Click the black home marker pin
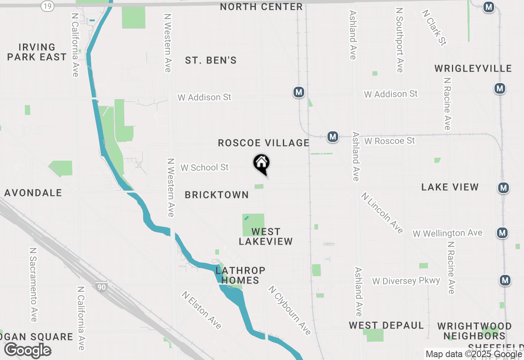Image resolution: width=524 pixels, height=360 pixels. pyautogui.click(x=262, y=164)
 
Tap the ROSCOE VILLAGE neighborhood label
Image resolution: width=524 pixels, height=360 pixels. pyautogui.click(x=264, y=143)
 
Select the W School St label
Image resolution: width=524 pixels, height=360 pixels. pyautogui.click(x=205, y=168)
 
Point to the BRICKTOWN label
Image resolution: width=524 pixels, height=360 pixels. pyautogui.click(x=217, y=195)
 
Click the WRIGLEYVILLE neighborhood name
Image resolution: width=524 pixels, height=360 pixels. pyautogui.click(x=473, y=68)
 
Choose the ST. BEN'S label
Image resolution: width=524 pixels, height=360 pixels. pyautogui.click(x=211, y=61)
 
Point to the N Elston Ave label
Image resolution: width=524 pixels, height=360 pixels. pyautogui.click(x=202, y=310)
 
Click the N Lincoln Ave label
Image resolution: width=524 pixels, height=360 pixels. pyautogui.click(x=382, y=213)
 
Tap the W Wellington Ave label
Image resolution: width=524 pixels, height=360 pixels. pyautogui.click(x=447, y=233)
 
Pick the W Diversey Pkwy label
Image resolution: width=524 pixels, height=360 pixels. pyautogui.click(x=406, y=281)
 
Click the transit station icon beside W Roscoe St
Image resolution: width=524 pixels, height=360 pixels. pyautogui.click(x=333, y=137)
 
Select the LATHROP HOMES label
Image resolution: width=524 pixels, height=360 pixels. pyautogui.click(x=240, y=275)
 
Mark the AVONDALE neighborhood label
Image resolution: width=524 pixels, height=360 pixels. pyautogui.click(x=33, y=193)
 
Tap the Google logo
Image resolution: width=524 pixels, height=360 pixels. pyautogui.click(x=28, y=351)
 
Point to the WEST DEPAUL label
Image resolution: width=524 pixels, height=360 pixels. pyautogui.click(x=386, y=326)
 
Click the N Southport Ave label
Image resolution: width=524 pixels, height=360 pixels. pyautogui.click(x=400, y=40)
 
